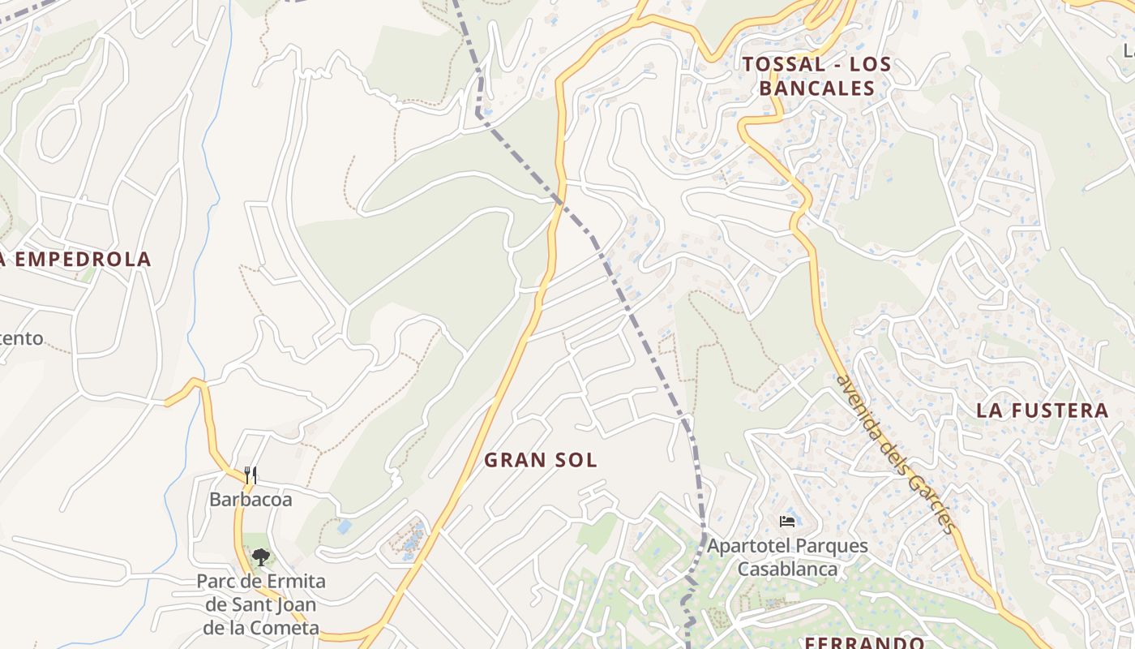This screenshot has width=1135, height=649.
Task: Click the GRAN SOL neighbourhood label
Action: point(541,460)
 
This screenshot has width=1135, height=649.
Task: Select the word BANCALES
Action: point(817,88)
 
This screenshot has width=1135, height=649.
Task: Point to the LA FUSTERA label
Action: point(1042,410)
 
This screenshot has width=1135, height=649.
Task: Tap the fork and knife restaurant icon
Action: point(251,475)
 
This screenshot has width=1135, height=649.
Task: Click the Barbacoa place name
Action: point(251,500)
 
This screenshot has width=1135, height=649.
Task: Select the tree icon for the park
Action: point(260,557)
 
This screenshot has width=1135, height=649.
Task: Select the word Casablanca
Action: point(786,569)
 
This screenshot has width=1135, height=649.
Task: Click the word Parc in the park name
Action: point(216,582)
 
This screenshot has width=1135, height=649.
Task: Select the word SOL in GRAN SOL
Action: point(576,460)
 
